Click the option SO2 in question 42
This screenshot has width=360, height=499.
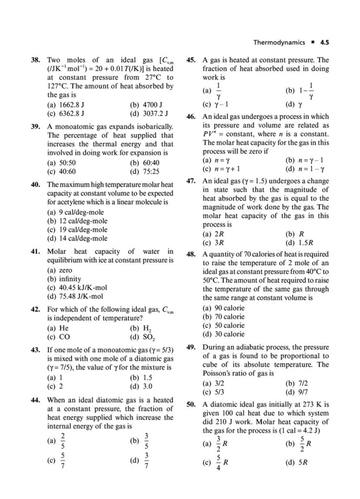pos(144,337)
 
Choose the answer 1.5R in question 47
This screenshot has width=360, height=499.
pos(303,242)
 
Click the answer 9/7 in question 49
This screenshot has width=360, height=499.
pos(297,391)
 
